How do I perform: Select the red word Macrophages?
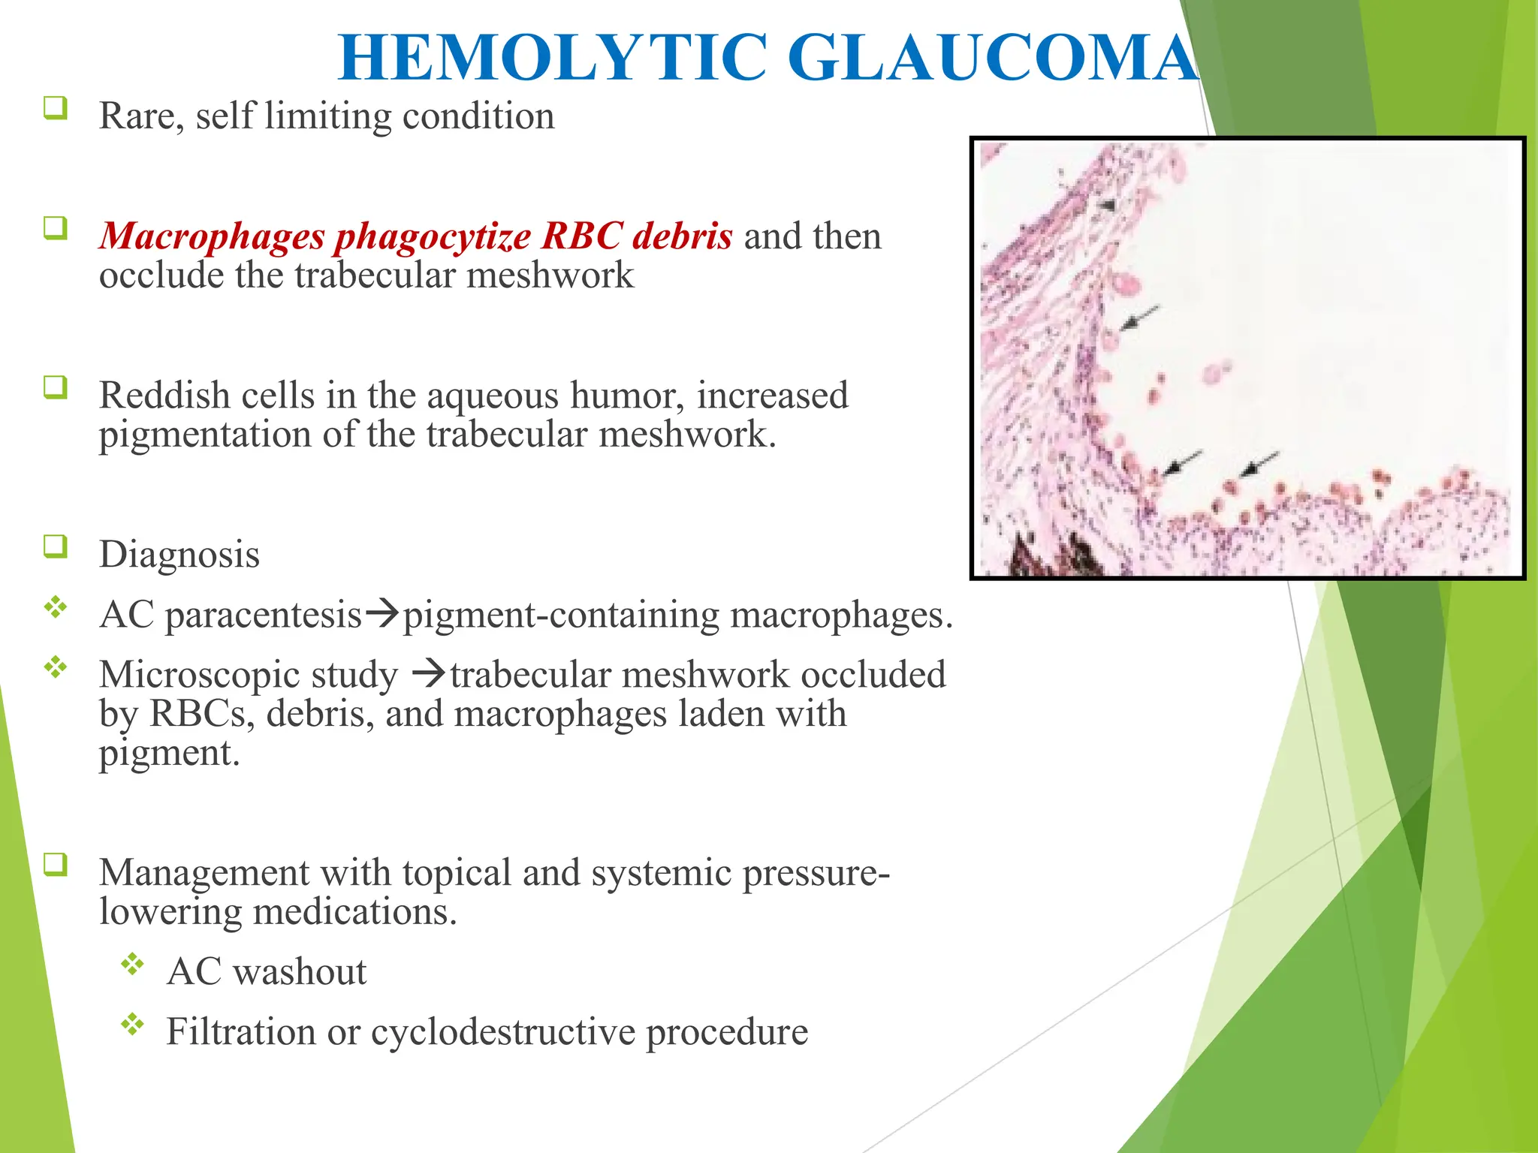coord(211,236)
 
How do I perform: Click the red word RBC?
coord(582,236)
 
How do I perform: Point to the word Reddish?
coord(164,396)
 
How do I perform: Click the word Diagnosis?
coord(179,555)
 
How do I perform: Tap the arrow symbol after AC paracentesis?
coord(382,615)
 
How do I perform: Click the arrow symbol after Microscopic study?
coord(429,674)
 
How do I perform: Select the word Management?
coord(204,873)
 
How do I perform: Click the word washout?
coord(300,972)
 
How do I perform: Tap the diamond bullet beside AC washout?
coord(132,965)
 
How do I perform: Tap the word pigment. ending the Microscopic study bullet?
coord(169,753)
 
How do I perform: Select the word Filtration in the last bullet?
coord(240,1032)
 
